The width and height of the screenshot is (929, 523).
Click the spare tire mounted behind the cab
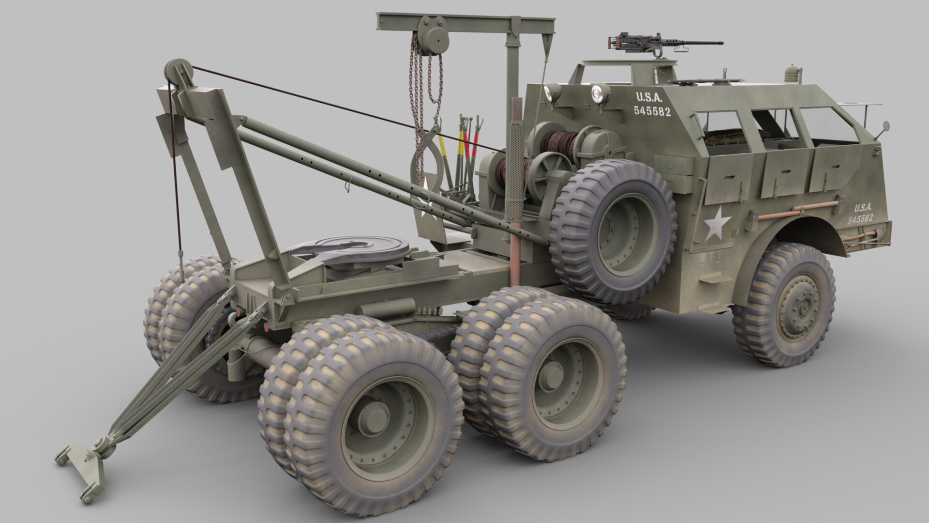614,228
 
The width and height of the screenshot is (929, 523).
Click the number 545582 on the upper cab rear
652,111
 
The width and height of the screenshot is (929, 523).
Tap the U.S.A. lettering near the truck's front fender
863,208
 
